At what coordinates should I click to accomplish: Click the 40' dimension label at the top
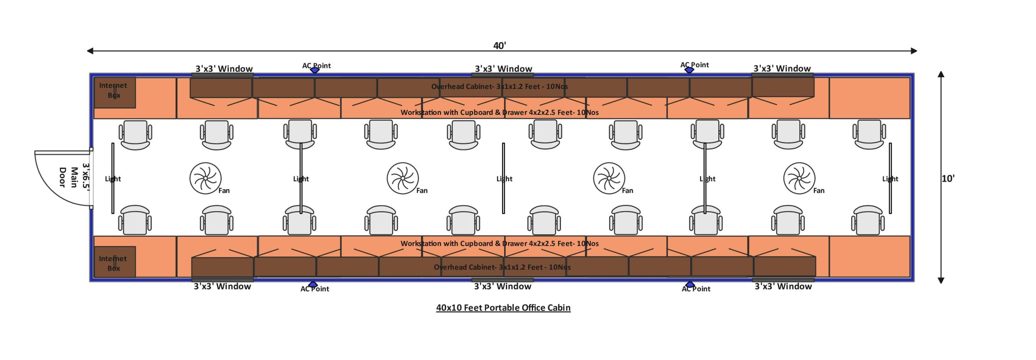499,45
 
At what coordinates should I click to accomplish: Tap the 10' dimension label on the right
948,178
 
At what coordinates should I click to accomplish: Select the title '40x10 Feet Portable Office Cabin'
503,307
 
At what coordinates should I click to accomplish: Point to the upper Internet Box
115,93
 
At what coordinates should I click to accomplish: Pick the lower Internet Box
115,262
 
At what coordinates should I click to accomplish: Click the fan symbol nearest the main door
205,178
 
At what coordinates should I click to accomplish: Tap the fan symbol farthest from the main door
799,178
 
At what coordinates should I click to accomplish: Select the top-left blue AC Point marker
315,70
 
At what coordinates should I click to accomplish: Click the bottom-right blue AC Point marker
690,285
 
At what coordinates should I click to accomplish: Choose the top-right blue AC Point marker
689,70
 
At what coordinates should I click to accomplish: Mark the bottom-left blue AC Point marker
313,285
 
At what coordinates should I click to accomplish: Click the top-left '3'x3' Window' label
224,68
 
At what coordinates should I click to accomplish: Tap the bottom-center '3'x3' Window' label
503,286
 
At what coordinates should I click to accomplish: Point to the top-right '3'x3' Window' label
782,68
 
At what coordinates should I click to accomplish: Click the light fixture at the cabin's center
503,178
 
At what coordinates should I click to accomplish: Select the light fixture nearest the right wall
890,178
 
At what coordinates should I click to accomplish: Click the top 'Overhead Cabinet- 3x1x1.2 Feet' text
499,86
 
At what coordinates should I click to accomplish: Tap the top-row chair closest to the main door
135,135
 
